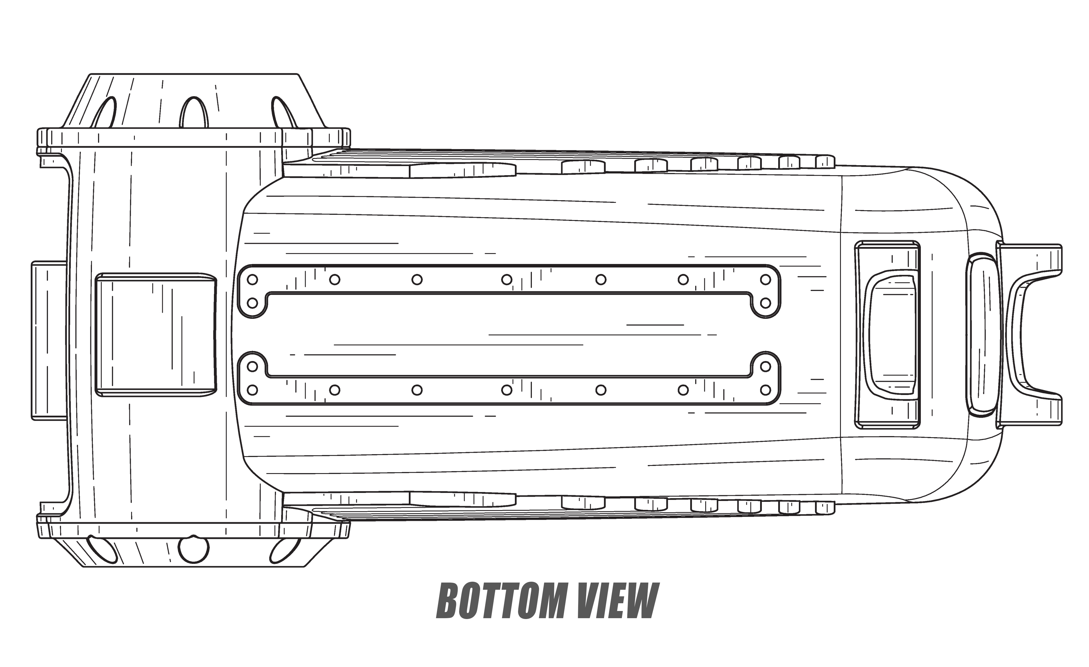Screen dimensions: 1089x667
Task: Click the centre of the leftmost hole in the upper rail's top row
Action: tap(252, 279)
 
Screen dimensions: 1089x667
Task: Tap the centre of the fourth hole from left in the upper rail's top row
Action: tap(507, 279)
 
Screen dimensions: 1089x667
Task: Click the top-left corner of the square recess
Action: tap(96, 274)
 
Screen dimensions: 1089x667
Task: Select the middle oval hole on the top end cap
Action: tap(193, 112)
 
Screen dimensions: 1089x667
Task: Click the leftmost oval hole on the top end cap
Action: tap(104, 113)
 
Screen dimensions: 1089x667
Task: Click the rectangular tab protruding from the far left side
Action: tap(49, 340)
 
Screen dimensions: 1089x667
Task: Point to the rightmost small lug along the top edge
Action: tap(825, 162)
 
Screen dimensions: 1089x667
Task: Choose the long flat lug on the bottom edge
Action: tap(463, 499)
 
